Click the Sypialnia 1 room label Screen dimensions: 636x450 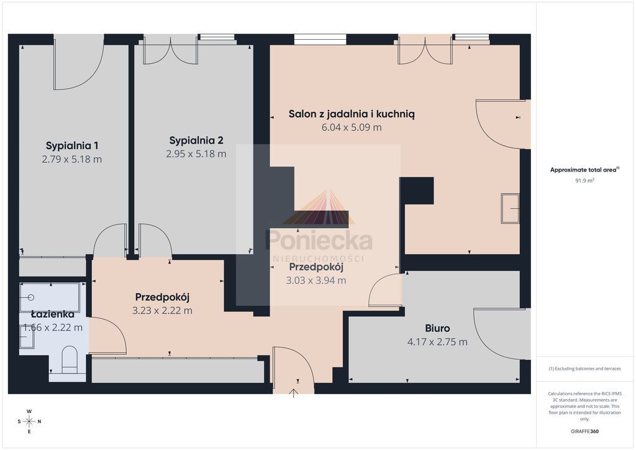pos(72,145)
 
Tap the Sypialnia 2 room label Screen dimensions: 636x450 pos(196,140)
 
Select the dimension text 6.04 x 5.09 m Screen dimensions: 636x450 pos(352,127)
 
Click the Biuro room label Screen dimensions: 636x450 pos(437,328)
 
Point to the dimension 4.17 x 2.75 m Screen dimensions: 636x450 pos(437,342)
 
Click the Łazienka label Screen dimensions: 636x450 pos(53,314)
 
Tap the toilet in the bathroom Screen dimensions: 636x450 pos(70,359)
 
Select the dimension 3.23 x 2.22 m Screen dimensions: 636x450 pos(162,311)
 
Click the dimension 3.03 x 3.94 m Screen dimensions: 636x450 pos(316,280)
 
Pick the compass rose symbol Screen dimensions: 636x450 pos(29,421)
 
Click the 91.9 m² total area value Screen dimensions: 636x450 pos(584,181)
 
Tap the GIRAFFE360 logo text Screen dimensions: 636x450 pos(584,431)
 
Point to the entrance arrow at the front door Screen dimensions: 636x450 pos(293,393)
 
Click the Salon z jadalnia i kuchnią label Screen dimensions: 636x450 pos(352,114)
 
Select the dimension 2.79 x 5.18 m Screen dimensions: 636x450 pos(72,160)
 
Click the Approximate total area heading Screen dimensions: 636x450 pos(584,170)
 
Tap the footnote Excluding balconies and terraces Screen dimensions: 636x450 pos(584,369)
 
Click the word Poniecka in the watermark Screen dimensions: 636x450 pos(319,240)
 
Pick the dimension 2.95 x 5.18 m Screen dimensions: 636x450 pos(196,154)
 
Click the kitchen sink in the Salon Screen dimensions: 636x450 pos(511,209)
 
